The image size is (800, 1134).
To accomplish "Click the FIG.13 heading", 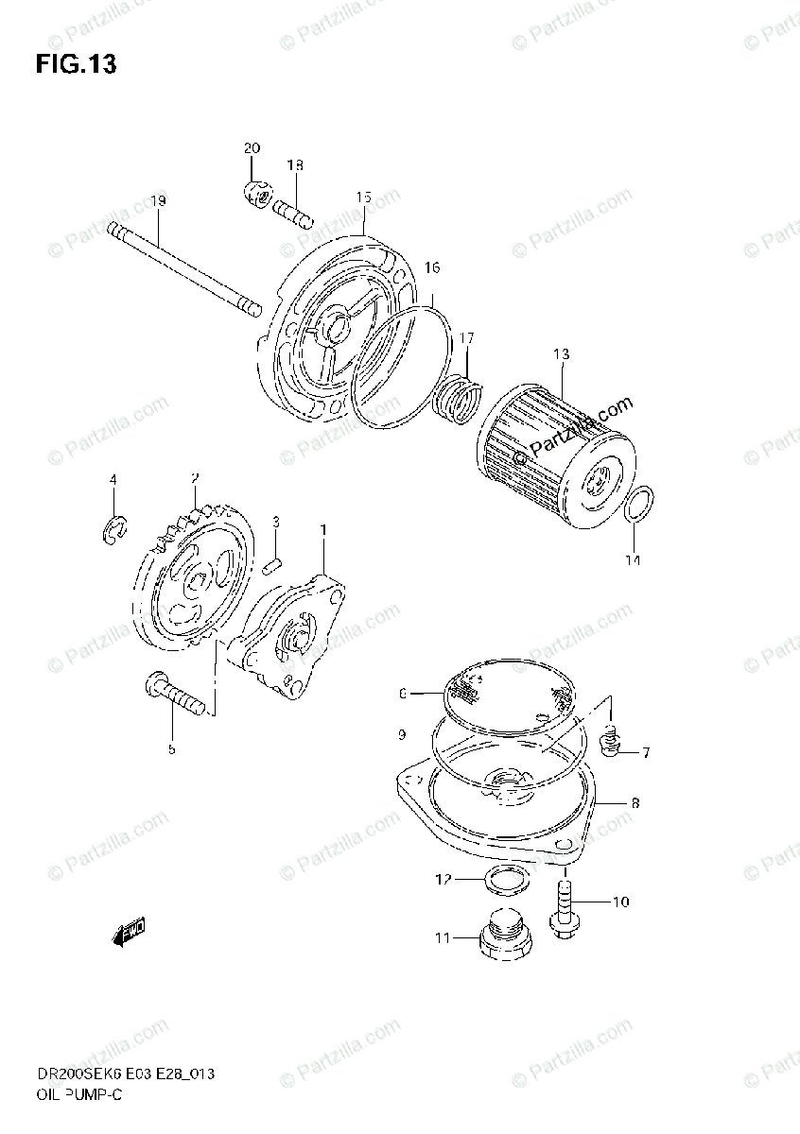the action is coord(76,65).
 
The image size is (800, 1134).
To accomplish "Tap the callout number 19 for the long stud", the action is coord(157,201).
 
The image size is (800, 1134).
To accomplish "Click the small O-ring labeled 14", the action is coord(641,506).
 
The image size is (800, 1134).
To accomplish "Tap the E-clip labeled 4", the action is coord(113,531).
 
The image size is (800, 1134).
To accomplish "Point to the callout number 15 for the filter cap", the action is coord(364,198).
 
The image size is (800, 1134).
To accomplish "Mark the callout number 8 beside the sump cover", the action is coord(634,802).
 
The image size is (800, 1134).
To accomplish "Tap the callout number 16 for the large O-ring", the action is coord(431,268).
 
